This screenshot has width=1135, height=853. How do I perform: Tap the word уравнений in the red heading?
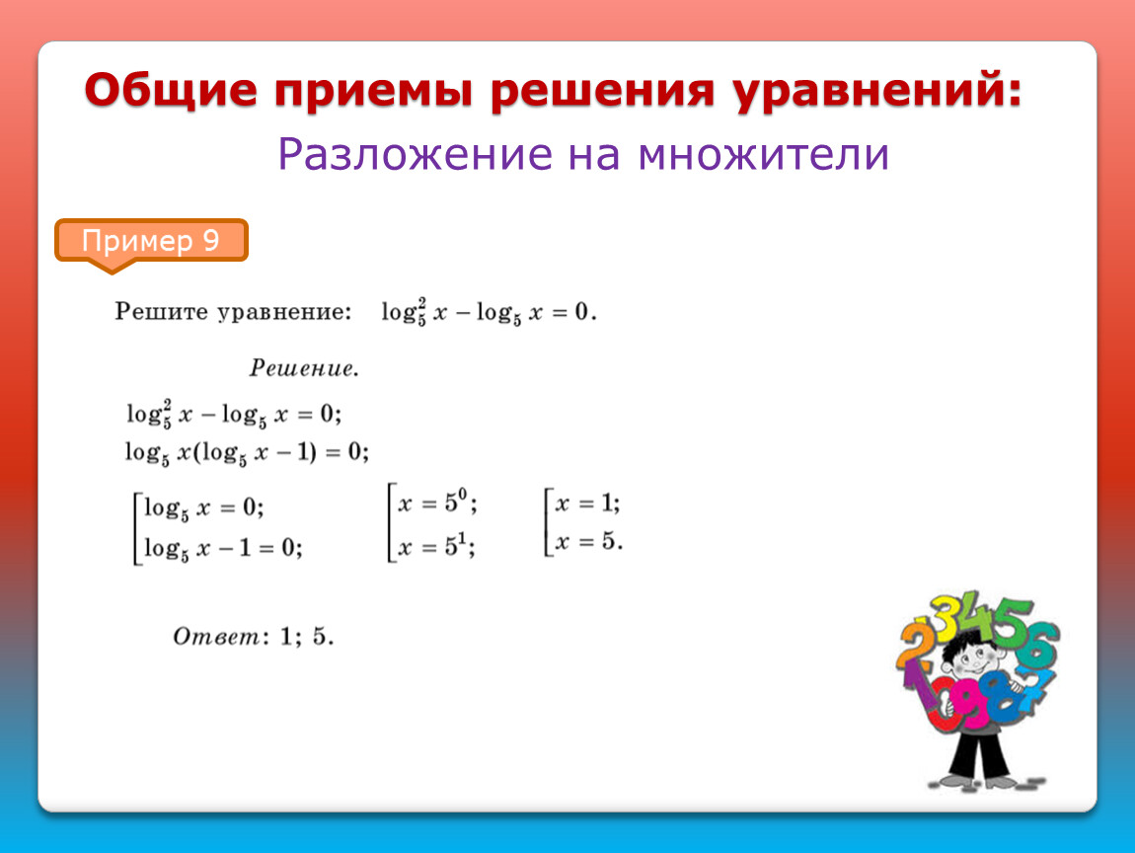(x=878, y=91)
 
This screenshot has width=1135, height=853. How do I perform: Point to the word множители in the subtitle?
(x=763, y=154)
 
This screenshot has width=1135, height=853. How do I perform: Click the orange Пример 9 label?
(x=151, y=242)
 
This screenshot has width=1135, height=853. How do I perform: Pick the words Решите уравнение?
(x=233, y=312)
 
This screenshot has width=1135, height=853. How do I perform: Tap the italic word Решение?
(x=304, y=368)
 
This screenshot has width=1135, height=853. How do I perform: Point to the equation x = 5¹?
(x=436, y=546)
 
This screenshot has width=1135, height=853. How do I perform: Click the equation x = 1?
(x=587, y=504)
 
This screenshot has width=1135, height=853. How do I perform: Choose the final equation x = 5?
(x=588, y=541)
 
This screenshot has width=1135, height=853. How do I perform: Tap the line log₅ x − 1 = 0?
(x=223, y=548)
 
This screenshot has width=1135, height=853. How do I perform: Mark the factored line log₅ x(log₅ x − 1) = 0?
(x=247, y=452)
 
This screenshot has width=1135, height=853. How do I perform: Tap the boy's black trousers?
(x=981, y=754)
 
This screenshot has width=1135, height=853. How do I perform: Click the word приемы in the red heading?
(x=373, y=92)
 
